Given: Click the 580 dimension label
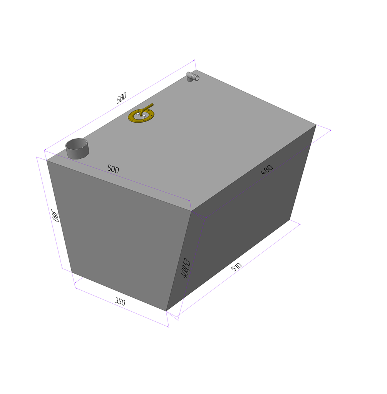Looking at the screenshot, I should [121, 98].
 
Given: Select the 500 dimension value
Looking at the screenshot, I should [113, 169].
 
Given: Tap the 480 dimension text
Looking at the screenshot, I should [266, 170].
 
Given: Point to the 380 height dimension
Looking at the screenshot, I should [55, 216].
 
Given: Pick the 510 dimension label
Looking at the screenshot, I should [236, 267].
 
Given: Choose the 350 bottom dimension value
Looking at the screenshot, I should [120, 302].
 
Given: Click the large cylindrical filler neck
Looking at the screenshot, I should [77, 149].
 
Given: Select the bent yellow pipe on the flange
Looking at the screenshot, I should [147, 108].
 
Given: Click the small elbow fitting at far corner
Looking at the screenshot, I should [193, 77].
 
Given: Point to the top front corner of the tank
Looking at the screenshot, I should [191, 211].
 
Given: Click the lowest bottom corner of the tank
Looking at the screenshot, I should [166, 311].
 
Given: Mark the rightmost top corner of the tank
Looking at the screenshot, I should [316, 125].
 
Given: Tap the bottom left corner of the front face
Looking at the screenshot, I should [72, 272].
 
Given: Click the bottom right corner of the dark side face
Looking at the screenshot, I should [290, 219].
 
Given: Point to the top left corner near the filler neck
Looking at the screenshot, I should [47, 161].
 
